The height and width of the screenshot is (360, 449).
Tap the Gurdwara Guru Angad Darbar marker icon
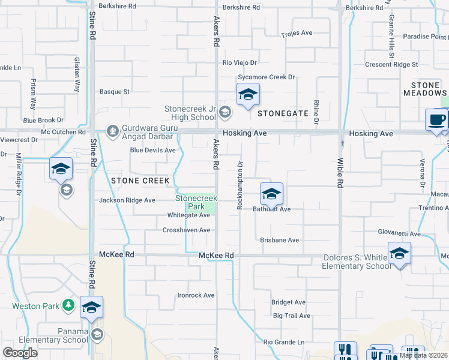coord(112,130)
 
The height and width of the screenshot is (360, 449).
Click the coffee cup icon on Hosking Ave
coord(436,119)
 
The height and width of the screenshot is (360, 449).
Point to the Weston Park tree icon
coord(68,306)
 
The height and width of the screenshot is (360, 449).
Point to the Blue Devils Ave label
coord(153,150)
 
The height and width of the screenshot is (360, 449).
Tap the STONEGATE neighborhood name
coord(283,113)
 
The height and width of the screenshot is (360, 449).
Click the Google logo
coord(20,353)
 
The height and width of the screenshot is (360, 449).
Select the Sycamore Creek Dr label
coord(267,77)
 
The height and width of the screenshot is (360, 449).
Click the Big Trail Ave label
coord(291,316)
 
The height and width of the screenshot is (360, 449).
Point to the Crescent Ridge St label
coord(391,64)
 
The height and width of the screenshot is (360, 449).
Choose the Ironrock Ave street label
coord(196,295)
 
